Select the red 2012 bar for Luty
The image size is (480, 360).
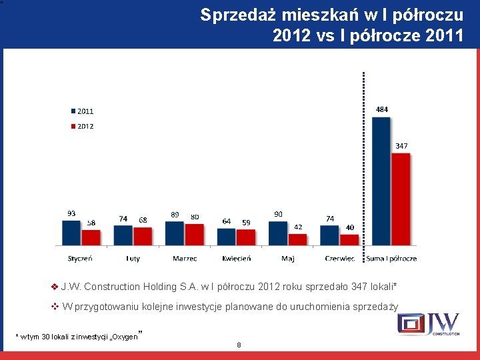[x=143, y=237]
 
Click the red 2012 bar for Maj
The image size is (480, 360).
[x=297, y=240]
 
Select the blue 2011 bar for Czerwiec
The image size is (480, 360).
[x=329, y=236]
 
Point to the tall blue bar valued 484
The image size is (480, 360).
[x=381, y=181]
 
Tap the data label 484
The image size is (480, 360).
[x=382, y=109]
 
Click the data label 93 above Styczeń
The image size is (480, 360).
[x=71, y=213]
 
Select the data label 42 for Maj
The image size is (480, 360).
[x=298, y=227]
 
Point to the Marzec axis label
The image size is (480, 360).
[x=185, y=258]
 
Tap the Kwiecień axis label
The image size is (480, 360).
[x=236, y=258]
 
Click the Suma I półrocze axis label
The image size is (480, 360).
[x=391, y=258]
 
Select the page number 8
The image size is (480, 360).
[x=238, y=345]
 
